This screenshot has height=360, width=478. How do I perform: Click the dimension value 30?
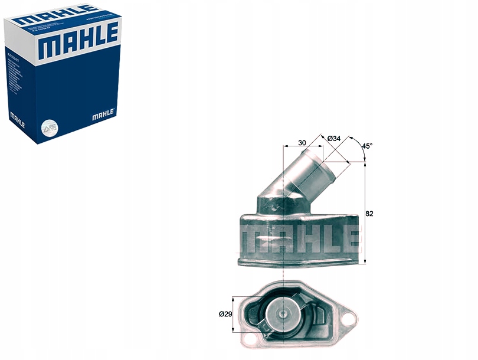302,142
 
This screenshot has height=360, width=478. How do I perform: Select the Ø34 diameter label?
334,138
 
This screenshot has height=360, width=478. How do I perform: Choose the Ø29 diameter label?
225,314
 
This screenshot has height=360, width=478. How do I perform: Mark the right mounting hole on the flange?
349,319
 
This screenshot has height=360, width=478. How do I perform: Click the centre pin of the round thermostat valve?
284,314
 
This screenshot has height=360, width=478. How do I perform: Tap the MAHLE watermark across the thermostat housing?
299,238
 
